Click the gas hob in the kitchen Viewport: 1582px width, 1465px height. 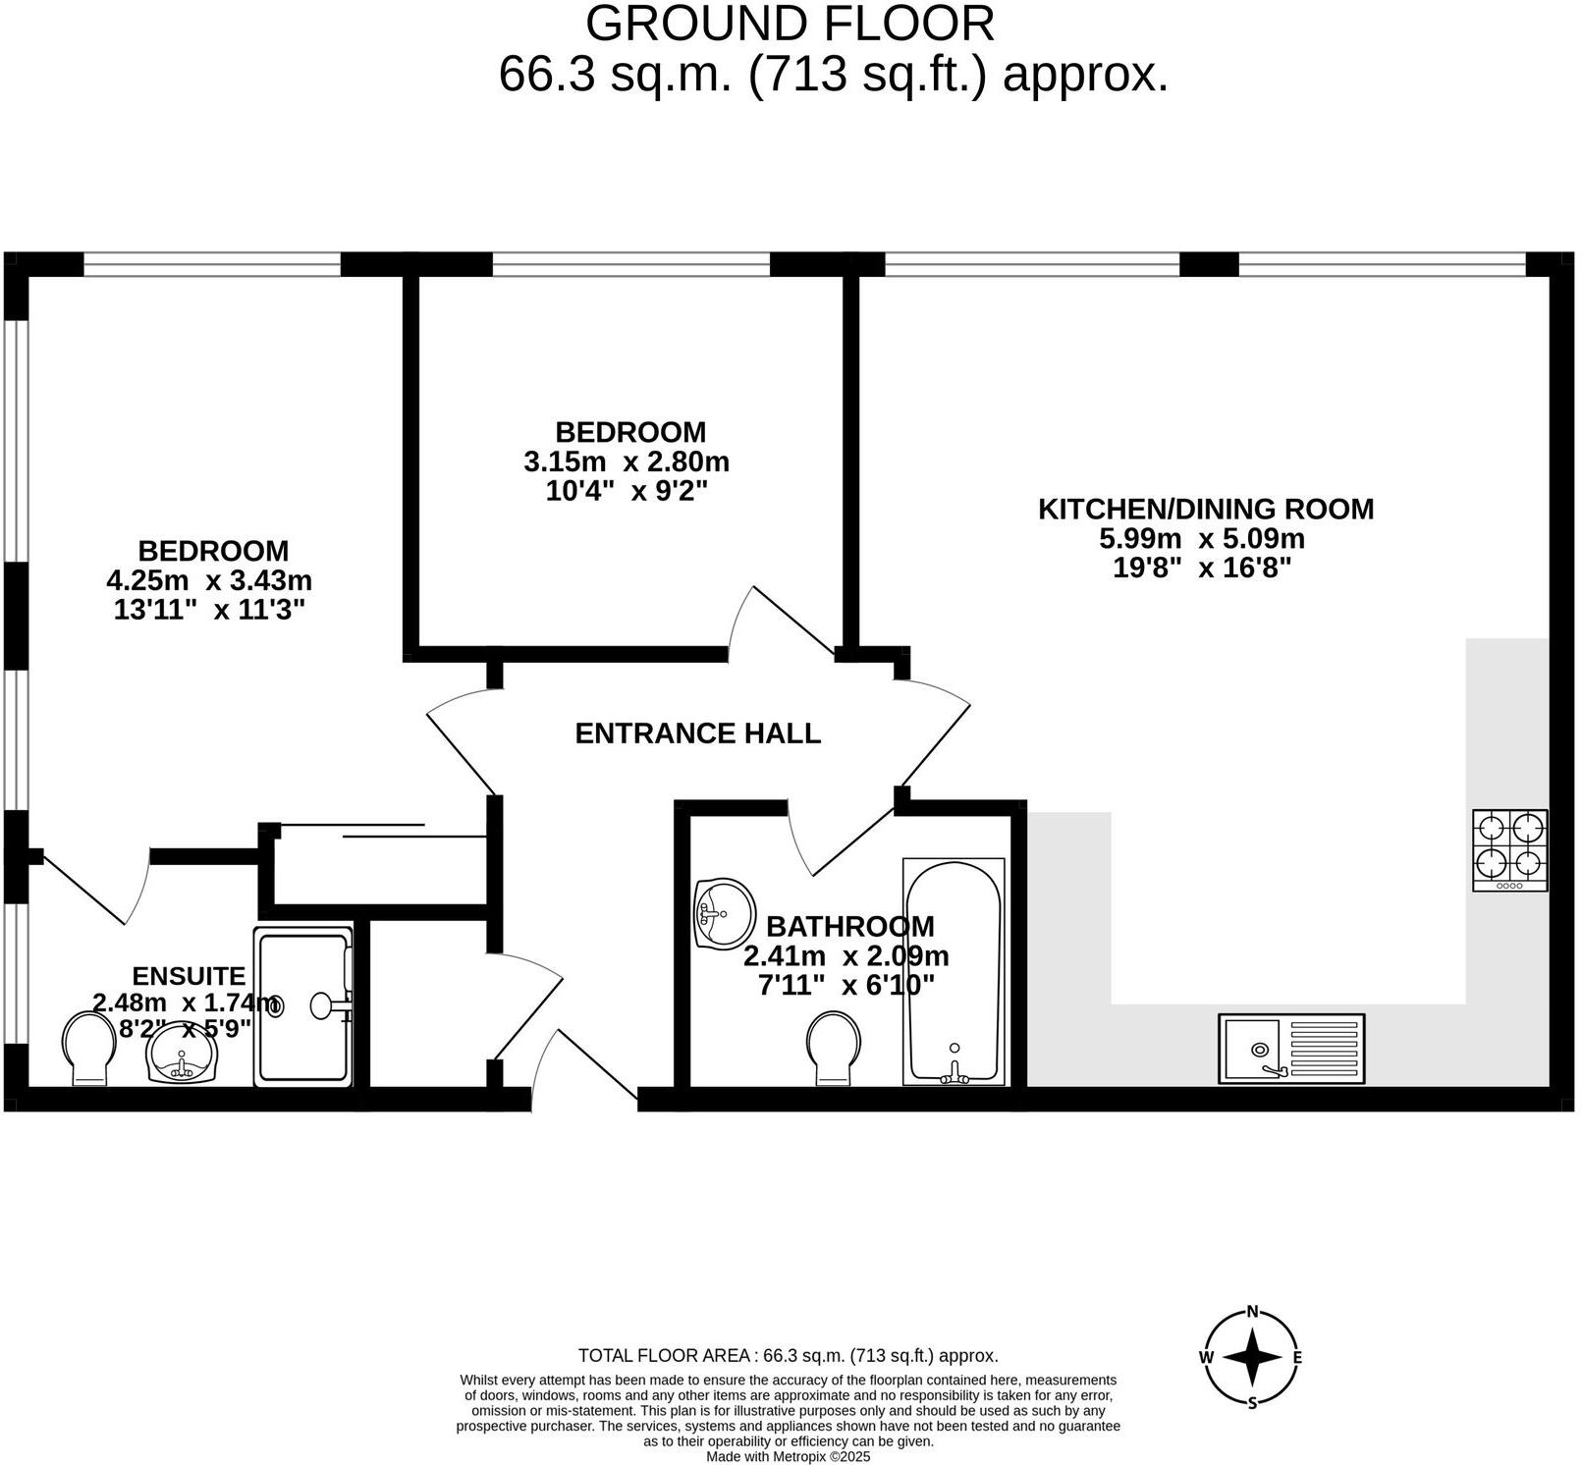point(1509,850)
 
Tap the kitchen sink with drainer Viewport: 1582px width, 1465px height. point(1291,1049)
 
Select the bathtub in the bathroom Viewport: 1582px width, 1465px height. point(954,972)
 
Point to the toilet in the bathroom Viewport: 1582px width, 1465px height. point(833,1049)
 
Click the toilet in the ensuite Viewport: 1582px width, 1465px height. point(89,1049)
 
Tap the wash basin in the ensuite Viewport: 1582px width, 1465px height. point(182,1053)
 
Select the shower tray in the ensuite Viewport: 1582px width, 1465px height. point(302,1006)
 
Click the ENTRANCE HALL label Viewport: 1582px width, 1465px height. point(697,733)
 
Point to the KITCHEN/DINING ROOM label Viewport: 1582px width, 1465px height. point(1206,509)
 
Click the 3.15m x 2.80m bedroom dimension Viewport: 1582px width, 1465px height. point(627,461)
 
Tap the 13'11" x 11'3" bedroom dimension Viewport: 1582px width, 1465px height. point(209,610)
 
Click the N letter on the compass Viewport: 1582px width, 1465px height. point(1252,1311)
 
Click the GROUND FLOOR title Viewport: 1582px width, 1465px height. point(791,24)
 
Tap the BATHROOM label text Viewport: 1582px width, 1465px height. point(849,926)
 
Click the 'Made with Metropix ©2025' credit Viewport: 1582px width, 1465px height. point(789,1457)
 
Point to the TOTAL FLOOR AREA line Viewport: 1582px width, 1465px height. point(788,1356)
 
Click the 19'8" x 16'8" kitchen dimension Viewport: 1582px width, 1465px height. point(1202,568)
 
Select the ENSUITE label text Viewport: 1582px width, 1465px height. point(189,976)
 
